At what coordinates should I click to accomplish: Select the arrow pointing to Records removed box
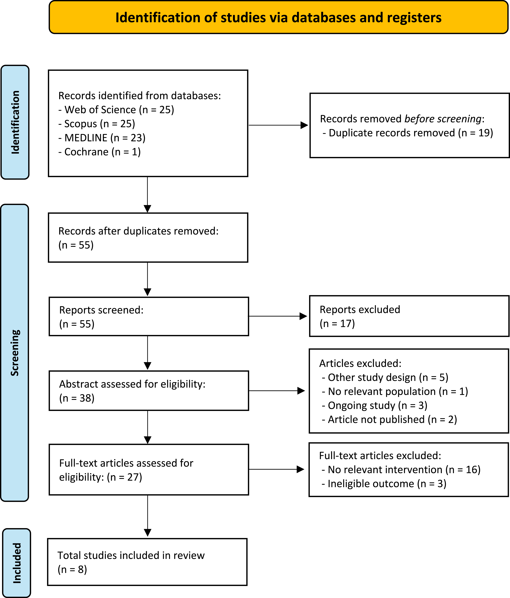click(x=278, y=125)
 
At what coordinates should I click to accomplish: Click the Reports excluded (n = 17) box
click(x=409, y=316)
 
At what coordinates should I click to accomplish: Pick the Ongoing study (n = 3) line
click(x=374, y=405)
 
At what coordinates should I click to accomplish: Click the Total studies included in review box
click(x=147, y=562)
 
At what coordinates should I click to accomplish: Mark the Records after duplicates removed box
click(x=148, y=238)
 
